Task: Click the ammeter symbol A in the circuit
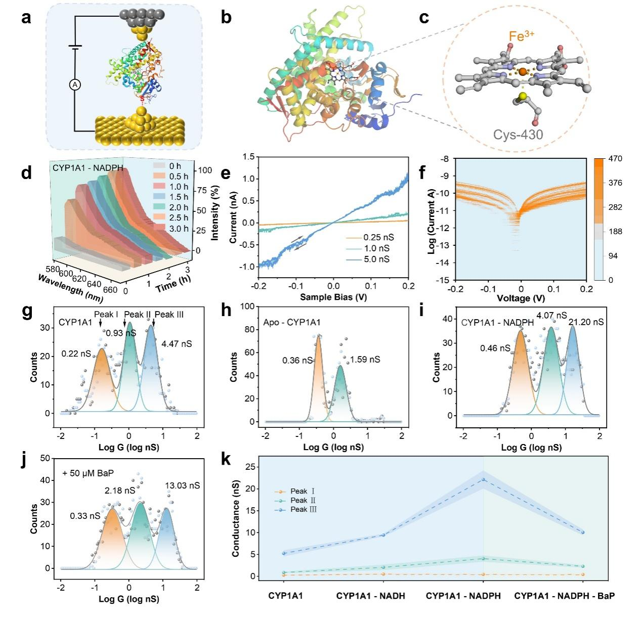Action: [x=75, y=85]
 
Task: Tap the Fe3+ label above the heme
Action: [x=521, y=36]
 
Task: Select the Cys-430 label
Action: [x=518, y=134]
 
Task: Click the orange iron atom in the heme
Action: [x=523, y=72]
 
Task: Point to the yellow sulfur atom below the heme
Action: [x=522, y=96]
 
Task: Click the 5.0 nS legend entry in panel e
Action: [x=367, y=259]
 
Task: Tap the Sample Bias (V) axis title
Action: [x=333, y=297]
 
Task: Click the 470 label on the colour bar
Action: [x=615, y=159]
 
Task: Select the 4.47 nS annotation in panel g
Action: [x=177, y=344]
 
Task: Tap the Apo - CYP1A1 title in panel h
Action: [x=291, y=322]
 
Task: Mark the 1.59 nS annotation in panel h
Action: [x=365, y=360]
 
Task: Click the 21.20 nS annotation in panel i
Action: [x=586, y=322]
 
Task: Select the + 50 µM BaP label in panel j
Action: [x=88, y=473]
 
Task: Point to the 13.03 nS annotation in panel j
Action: [x=183, y=485]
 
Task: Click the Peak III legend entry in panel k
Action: [x=295, y=510]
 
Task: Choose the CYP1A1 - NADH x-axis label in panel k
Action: [x=370, y=596]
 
